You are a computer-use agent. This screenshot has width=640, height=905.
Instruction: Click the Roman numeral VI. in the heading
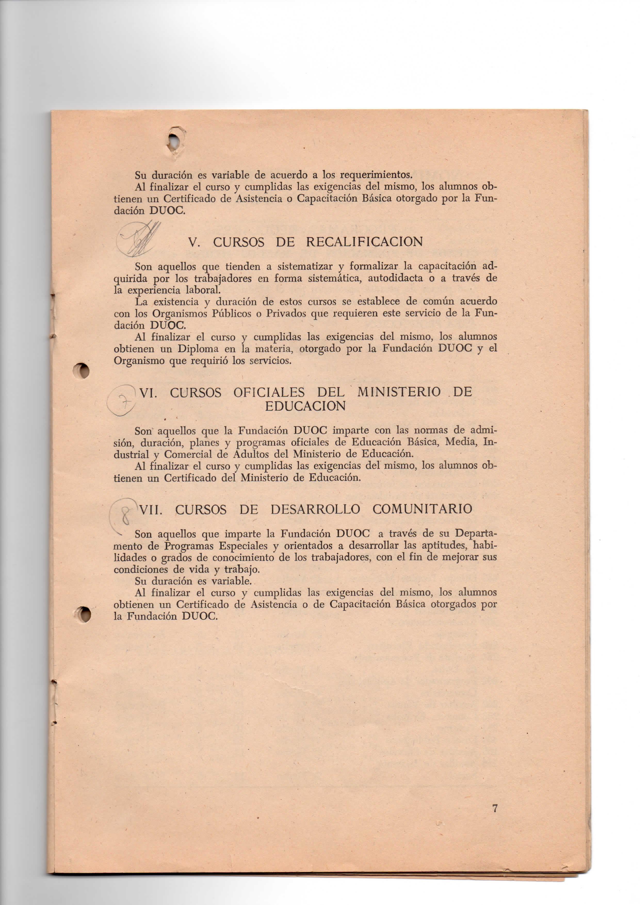tap(149, 393)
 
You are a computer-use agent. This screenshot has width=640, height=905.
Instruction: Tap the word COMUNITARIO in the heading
tap(422, 509)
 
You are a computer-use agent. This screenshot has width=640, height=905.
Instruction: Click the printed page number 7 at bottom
tap(495, 809)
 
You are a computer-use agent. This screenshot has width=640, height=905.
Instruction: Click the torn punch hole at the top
tap(175, 142)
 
